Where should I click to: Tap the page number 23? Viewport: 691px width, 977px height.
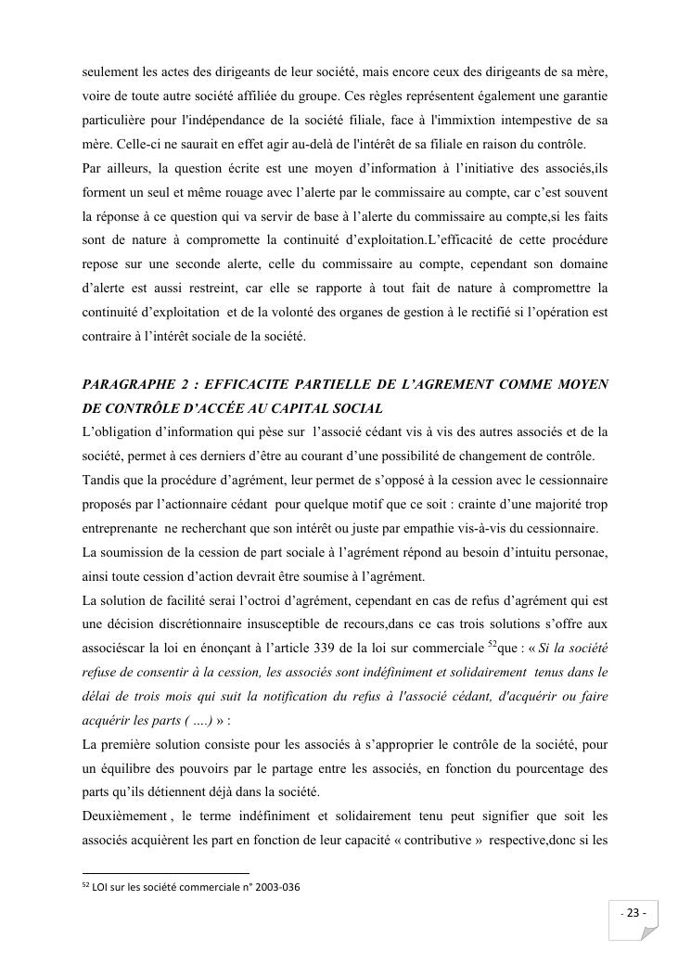[634, 913]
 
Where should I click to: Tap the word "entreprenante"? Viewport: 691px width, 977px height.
[118, 528]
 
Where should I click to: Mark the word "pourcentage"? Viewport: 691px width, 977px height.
[551, 769]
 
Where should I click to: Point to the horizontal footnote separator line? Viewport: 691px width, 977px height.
[166, 873]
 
